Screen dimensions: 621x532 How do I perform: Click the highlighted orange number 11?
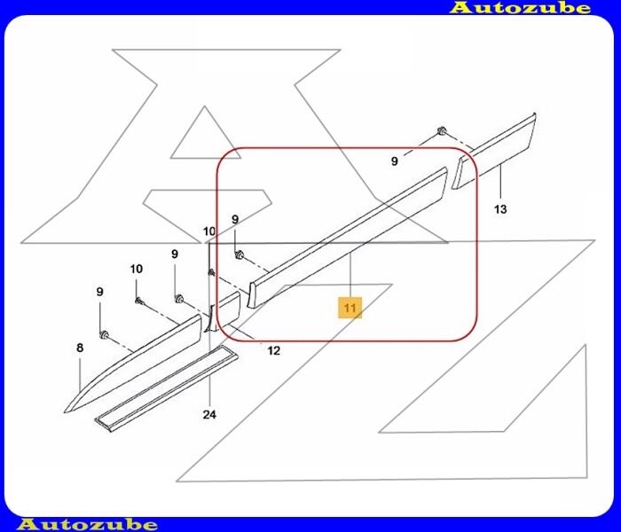click(350, 308)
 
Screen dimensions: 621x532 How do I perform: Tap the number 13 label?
click(500, 208)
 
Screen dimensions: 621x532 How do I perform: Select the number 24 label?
click(209, 414)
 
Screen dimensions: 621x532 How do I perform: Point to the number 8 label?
click(80, 348)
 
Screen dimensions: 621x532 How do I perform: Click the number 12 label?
click(273, 350)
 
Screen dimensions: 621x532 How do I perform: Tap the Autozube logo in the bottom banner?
click(88, 525)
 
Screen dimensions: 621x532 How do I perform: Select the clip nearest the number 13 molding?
click(441, 130)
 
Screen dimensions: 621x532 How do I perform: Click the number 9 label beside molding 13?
click(395, 161)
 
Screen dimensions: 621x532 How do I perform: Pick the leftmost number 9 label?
click(99, 292)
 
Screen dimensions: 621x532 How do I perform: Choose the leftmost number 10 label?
click(137, 270)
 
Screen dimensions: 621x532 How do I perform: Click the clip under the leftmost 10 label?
click(139, 301)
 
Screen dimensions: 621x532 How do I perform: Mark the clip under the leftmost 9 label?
click(104, 335)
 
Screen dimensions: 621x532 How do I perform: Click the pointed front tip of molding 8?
click(66, 412)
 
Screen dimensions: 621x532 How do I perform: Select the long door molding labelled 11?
click(348, 237)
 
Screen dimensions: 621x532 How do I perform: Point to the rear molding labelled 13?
click(494, 151)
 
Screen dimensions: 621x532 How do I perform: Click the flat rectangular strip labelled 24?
click(167, 389)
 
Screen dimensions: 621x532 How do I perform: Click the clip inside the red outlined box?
click(239, 255)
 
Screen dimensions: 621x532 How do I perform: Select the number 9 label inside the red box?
click(235, 219)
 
